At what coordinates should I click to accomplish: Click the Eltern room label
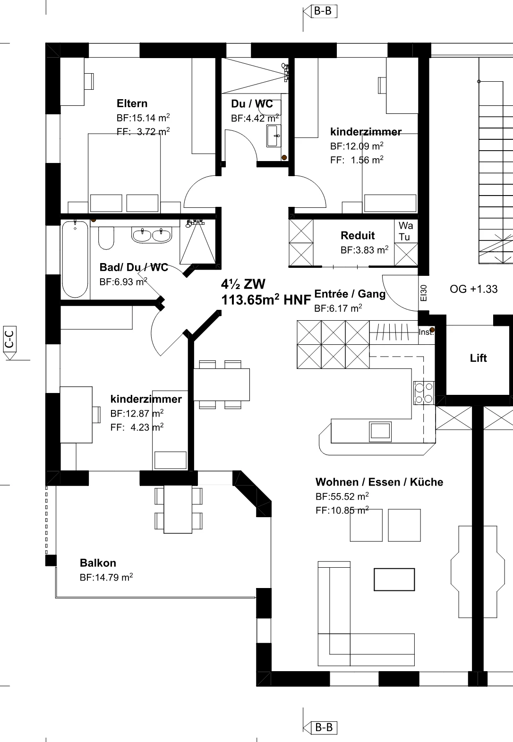[132, 103]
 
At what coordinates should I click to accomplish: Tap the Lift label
[478, 358]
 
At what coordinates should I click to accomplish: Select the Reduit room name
[358, 236]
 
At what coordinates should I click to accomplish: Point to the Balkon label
[98, 563]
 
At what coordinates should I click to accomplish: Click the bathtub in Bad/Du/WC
[75, 259]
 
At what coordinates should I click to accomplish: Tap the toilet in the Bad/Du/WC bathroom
[106, 238]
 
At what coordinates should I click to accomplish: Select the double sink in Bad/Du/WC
[152, 235]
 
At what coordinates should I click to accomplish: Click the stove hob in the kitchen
[424, 393]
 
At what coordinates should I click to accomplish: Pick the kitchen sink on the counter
[380, 431]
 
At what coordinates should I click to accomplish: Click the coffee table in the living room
[394, 580]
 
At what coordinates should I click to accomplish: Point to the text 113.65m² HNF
[266, 300]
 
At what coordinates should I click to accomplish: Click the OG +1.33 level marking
[474, 289]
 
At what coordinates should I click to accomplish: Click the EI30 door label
[424, 293]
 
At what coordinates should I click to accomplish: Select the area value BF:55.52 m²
[342, 496]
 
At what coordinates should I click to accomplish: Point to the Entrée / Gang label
[350, 294]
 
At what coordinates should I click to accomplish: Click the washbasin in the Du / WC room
[274, 136]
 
